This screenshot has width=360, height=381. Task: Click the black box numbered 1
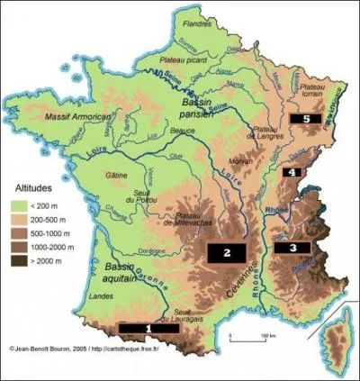[148, 328]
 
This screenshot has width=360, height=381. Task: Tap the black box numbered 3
[292, 246]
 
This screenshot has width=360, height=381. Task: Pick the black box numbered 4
[293, 171]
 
